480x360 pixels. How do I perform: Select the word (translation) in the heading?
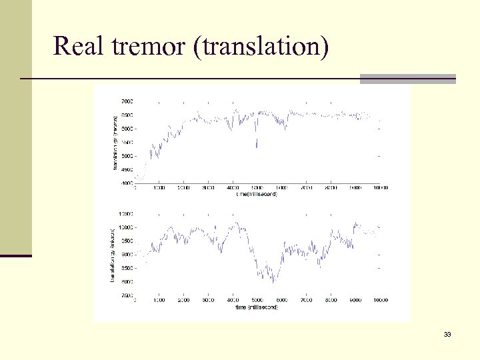pyautogui.click(x=260, y=47)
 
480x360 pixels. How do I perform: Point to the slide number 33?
pyautogui.click(x=447, y=334)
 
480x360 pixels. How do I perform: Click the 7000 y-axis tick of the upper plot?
pyautogui.click(x=127, y=101)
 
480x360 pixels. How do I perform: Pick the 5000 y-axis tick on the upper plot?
pyautogui.click(x=127, y=156)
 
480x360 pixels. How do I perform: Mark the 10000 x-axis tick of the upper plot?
pyautogui.click(x=380, y=188)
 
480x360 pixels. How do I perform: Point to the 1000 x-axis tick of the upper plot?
pyautogui.click(x=159, y=188)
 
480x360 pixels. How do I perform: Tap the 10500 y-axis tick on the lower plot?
pyautogui.click(x=125, y=214)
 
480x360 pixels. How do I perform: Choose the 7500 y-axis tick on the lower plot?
pyautogui.click(x=127, y=295)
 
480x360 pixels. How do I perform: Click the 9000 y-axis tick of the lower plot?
pyautogui.click(x=127, y=255)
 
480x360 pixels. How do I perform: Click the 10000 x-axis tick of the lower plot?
pyautogui.click(x=380, y=301)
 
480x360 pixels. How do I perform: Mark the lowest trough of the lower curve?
pyautogui.click(x=273, y=282)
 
